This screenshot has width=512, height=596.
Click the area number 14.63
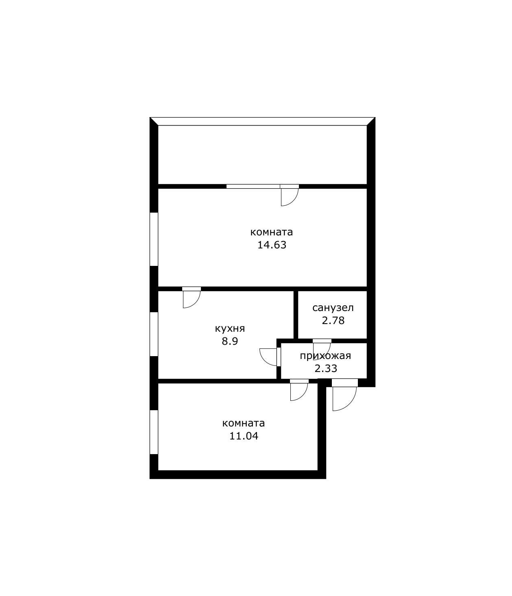pyautogui.click(x=272, y=245)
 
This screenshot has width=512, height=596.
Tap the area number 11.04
pyautogui.click(x=244, y=436)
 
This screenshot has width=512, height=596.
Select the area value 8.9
pyautogui.click(x=230, y=341)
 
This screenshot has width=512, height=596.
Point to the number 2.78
pyautogui.click(x=333, y=321)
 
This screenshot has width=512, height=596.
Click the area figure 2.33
pyautogui.click(x=326, y=369)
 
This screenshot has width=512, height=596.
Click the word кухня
pyautogui.click(x=230, y=328)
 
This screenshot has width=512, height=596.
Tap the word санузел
pyautogui.click(x=333, y=308)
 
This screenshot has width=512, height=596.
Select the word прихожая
pyautogui.click(x=325, y=356)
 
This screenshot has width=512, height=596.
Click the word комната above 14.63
pyautogui.click(x=272, y=232)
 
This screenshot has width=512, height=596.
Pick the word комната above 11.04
pyautogui.click(x=244, y=423)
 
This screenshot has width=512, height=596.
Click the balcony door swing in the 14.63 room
pyautogui.click(x=289, y=196)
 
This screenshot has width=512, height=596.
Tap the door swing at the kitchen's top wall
pyautogui.click(x=191, y=298)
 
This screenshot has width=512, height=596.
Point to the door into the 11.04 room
pyautogui.click(x=298, y=391)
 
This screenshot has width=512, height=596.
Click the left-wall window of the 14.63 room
pyautogui.click(x=154, y=239)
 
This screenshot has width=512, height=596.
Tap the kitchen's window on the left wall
pyautogui.click(x=154, y=334)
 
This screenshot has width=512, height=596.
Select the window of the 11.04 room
pyautogui.click(x=154, y=432)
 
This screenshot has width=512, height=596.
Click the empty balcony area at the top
pyautogui.click(x=262, y=154)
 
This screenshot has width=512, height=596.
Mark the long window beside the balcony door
pyautogui.click(x=253, y=187)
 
